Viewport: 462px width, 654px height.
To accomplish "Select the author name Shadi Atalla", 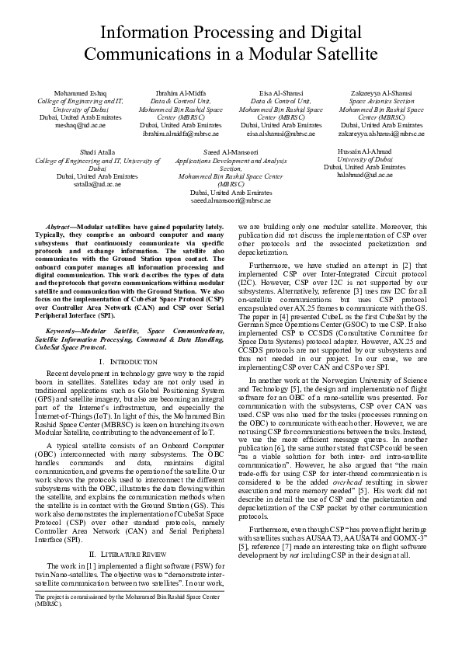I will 92,151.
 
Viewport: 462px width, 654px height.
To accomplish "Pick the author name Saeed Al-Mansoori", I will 231,152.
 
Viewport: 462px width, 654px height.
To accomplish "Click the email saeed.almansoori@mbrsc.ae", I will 231,200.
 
